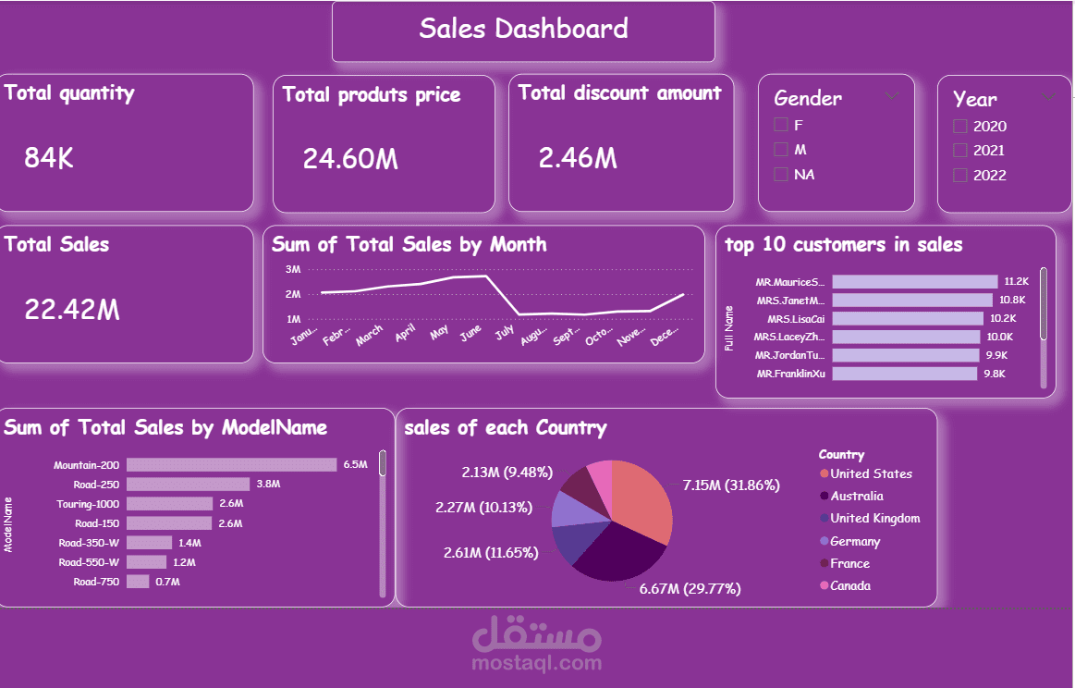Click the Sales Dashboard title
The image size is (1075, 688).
523,29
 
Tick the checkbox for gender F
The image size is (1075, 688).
781,125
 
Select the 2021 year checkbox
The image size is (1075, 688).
960,150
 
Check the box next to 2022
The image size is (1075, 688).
960,175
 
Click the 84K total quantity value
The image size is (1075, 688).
49,159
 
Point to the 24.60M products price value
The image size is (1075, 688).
350,159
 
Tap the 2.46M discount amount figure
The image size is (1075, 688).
578,159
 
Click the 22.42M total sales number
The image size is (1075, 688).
72,310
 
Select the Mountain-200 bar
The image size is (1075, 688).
231,465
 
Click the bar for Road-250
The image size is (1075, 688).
188,484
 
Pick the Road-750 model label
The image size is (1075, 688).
96,582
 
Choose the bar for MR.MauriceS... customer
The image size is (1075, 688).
914,282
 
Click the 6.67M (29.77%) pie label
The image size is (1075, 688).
690,588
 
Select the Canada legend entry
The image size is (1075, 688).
849,585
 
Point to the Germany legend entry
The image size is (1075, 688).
854,541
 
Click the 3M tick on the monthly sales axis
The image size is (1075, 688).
293,270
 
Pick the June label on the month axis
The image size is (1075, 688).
470,333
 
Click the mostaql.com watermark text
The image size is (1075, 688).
536,663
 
